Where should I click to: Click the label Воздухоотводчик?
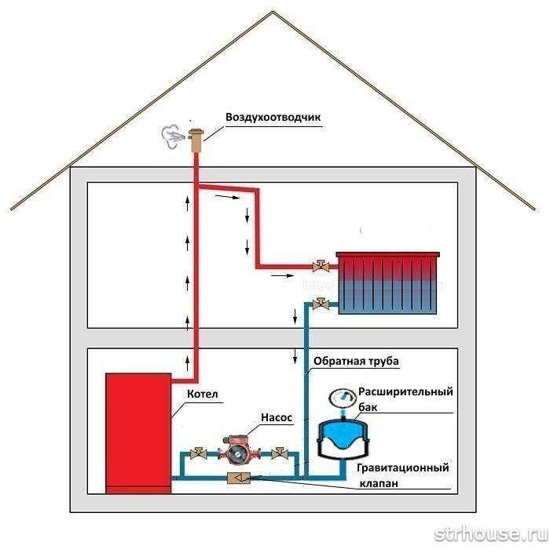coord(273,118)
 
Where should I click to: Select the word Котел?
coord(202,394)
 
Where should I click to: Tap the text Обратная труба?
coord(356,362)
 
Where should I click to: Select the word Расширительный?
coord(405,392)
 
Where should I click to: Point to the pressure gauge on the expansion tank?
coord(343,395)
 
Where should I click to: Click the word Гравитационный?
coord(402,468)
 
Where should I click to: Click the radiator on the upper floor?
coord(388,282)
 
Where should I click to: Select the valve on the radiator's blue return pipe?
coord(320,304)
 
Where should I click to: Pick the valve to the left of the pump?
coord(200,453)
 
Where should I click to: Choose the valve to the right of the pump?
coord(278,453)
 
